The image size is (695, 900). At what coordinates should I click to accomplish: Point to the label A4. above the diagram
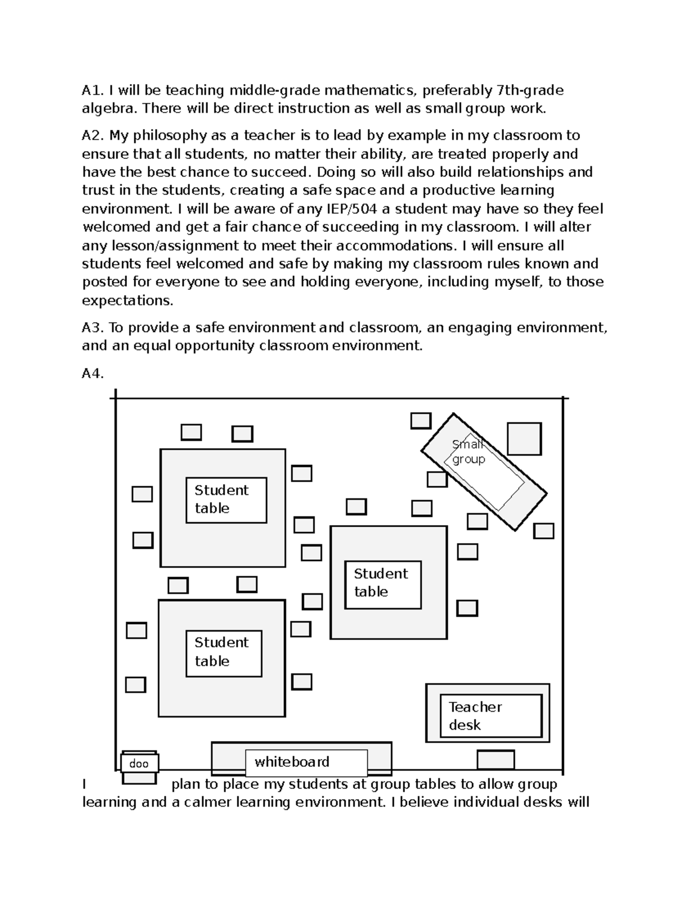tap(93, 374)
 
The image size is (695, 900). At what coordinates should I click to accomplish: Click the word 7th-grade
tap(529, 90)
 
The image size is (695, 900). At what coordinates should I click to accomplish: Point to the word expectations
tap(127, 301)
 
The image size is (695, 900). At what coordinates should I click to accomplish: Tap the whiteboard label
tap(292, 762)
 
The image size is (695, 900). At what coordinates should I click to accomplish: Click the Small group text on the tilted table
tap(468, 452)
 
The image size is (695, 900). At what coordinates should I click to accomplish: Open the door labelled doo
tap(139, 764)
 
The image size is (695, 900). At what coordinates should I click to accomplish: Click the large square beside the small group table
tap(524, 439)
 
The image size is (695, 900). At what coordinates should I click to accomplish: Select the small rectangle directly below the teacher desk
tap(495, 760)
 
